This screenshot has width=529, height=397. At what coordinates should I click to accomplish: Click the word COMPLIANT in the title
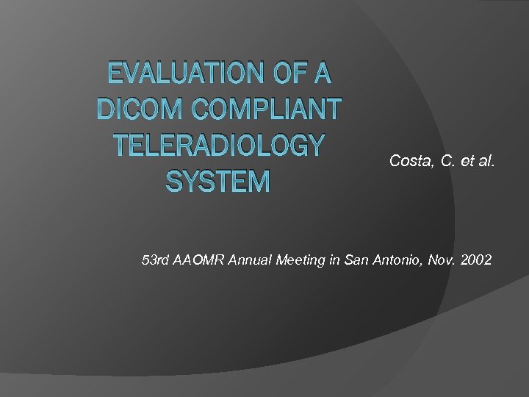267,110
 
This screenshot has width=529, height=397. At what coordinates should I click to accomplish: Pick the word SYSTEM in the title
218,180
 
